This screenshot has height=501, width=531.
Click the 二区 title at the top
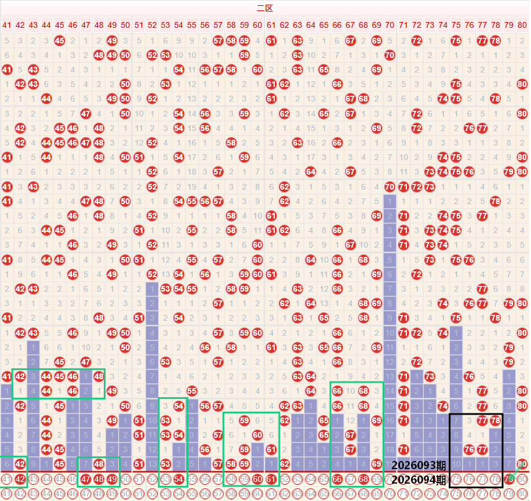tap(264, 8)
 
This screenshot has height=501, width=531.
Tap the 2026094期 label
tap(419, 480)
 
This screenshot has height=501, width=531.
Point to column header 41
tap(7, 25)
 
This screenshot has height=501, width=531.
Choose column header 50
tap(125, 25)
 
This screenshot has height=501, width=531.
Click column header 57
tap(218, 25)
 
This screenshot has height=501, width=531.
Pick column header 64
tap(310, 25)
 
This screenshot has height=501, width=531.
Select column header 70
tap(390, 25)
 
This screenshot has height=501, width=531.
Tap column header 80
tap(522, 25)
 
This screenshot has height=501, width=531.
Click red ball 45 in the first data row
tap(59, 41)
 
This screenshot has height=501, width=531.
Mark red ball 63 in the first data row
tap(297, 41)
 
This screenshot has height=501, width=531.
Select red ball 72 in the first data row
tap(416, 41)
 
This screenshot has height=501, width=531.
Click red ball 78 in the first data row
tap(495, 41)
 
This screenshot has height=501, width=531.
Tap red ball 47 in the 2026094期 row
tap(86, 479)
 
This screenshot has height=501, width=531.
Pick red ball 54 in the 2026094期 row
tap(178, 479)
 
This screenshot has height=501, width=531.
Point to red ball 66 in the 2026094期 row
tap(337, 479)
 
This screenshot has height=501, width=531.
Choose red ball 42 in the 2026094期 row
tap(20, 479)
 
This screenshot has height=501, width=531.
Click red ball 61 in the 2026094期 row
tap(271, 479)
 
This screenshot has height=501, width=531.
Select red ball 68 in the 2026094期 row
tap(363, 479)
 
